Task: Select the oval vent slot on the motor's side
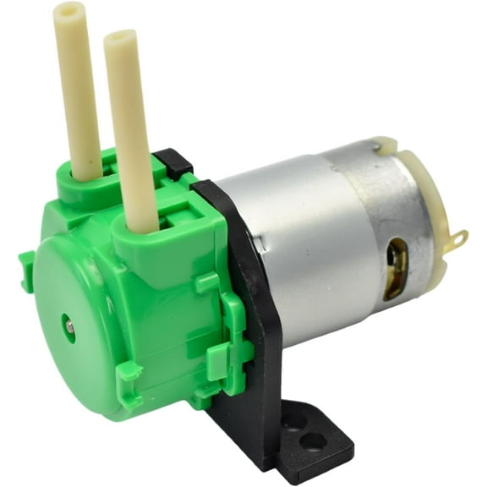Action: (396, 268)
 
